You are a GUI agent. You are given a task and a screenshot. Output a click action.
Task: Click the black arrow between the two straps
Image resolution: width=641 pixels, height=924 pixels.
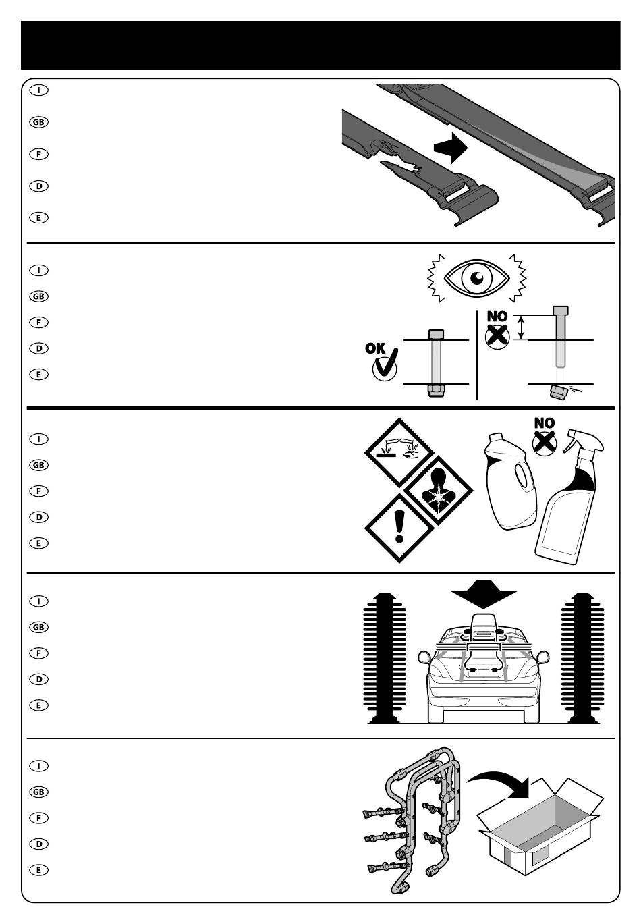(450, 148)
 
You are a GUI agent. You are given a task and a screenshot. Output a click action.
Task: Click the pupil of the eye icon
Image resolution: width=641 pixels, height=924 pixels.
(478, 276)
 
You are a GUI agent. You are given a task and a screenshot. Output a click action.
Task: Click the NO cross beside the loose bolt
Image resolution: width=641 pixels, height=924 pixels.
(497, 335)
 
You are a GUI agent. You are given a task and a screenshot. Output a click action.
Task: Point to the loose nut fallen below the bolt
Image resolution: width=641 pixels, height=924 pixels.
(559, 391)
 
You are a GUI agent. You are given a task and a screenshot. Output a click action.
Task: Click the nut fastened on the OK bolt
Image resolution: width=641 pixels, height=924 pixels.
(435, 391)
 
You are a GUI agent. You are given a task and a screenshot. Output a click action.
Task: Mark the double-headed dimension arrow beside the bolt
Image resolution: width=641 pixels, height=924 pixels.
(520, 328)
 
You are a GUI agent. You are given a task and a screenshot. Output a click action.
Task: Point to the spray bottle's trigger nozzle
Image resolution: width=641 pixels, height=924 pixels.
(582, 441)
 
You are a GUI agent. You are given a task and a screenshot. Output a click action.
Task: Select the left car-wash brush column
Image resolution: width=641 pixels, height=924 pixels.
(385, 658)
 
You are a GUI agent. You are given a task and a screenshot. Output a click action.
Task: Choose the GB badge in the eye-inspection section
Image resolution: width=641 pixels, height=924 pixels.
(39, 296)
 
